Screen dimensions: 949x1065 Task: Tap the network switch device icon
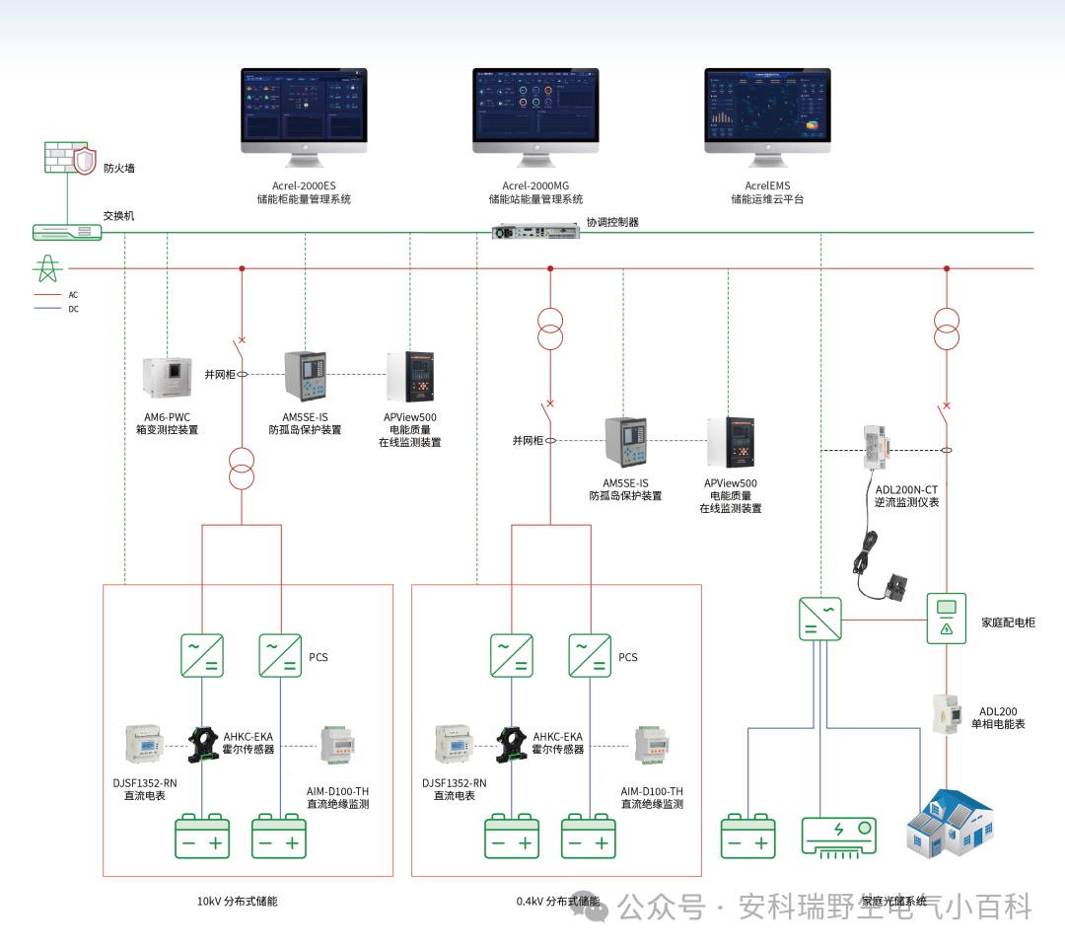coord(67,232)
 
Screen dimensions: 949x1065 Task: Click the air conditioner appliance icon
coord(838,835)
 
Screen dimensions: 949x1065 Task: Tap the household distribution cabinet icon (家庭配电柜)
coord(946,619)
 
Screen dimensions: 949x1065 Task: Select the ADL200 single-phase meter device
coord(946,713)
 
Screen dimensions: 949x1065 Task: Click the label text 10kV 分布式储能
coord(238,901)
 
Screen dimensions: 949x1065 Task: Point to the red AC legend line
coord(48,295)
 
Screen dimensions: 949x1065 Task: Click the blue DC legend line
coord(48,309)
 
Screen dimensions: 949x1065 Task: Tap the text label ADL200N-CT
coord(906,488)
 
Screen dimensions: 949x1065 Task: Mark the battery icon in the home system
coord(748,837)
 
